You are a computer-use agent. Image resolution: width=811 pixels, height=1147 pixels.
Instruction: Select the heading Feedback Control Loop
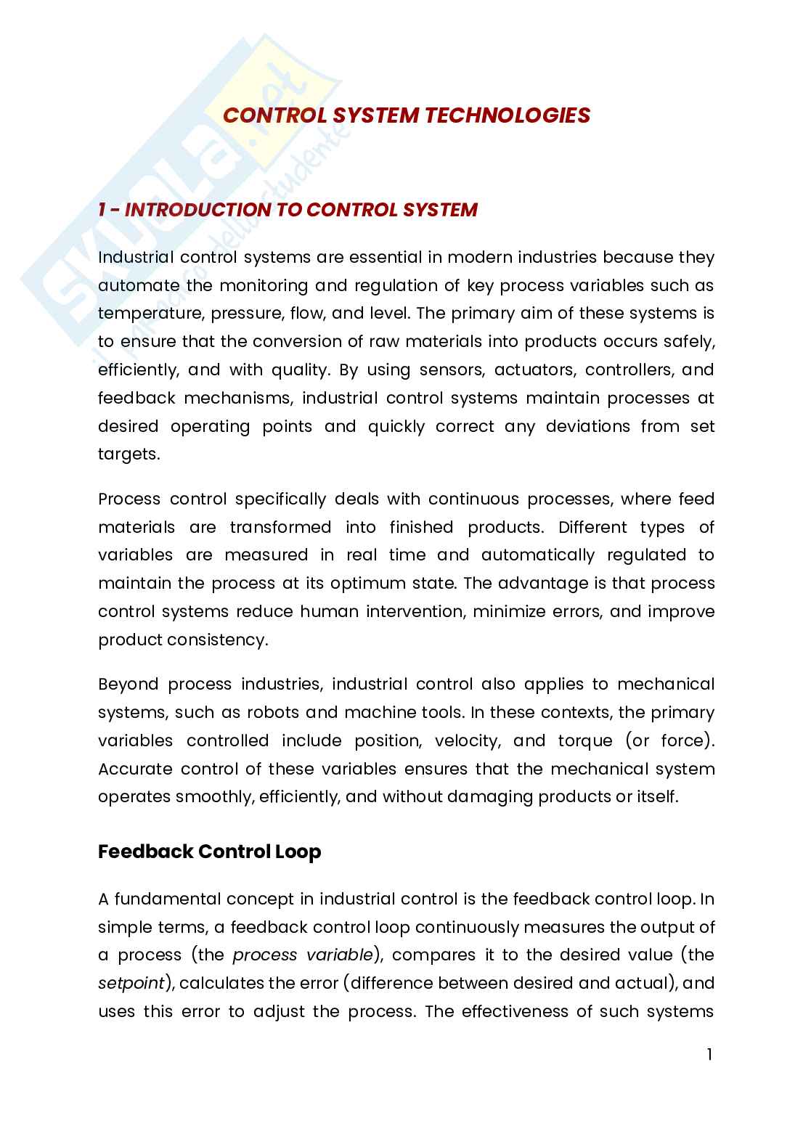[x=209, y=852]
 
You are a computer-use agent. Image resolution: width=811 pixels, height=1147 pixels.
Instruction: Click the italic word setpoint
[x=130, y=984]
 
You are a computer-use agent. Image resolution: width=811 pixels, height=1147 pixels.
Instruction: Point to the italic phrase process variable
[x=303, y=955]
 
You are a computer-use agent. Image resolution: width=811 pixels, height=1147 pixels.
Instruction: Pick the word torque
[x=586, y=741]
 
